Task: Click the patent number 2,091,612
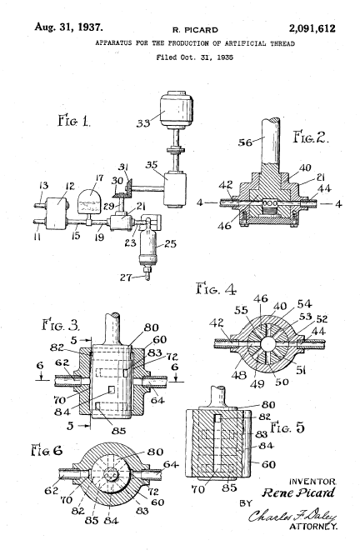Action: (312, 28)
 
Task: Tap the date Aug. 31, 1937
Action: (68, 27)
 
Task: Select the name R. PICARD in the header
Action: (195, 30)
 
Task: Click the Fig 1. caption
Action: (74, 120)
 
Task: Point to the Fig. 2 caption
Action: (311, 137)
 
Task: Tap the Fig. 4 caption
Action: (216, 288)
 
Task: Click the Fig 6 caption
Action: (47, 450)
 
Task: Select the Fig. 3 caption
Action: (61, 325)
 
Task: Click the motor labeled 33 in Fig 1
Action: (177, 110)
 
